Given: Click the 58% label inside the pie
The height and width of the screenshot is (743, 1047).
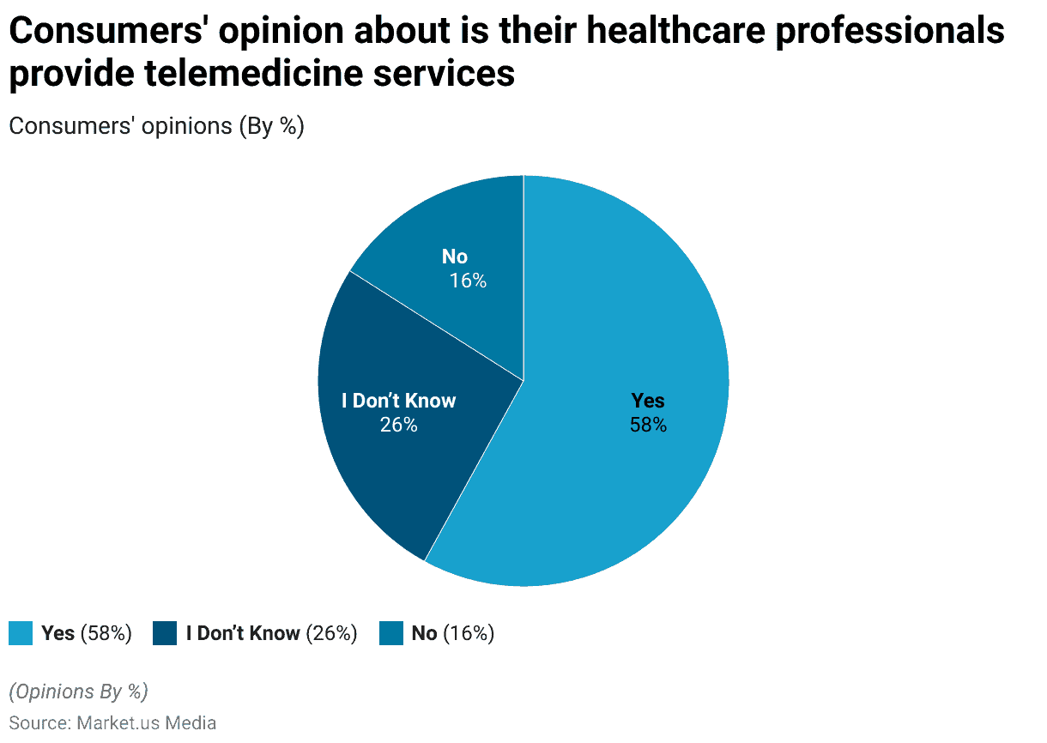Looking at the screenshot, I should pyautogui.click(x=648, y=425).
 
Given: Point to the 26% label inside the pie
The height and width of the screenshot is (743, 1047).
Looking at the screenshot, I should pyautogui.click(x=398, y=425).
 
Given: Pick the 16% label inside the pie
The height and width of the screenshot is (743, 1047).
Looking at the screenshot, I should pyautogui.click(x=468, y=281).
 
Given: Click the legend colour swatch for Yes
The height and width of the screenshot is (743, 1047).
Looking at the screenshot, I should pyautogui.click(x=21, y=634).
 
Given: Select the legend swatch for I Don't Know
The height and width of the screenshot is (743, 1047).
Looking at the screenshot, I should pyautogui.click(x=165, y=634).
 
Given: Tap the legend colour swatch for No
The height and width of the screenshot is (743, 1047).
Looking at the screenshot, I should pyautogui.click(x=391, y=634).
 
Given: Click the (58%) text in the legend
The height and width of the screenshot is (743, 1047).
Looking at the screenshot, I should pyautogui.click(x=106, y=634).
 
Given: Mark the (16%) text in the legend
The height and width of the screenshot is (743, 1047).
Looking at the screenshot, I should pyautogui.click(x=469, y=634).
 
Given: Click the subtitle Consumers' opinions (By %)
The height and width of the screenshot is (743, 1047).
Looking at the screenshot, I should pyautogui.click(x=156, y=126).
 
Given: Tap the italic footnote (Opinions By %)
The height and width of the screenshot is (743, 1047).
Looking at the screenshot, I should pyautogui.click(x=78, y=691).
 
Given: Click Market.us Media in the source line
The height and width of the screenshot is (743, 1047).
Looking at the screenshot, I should pyautogui.click(x=147, y=722).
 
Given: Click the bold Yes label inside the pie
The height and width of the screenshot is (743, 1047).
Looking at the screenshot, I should pyautogui.click(x=648, y=401).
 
